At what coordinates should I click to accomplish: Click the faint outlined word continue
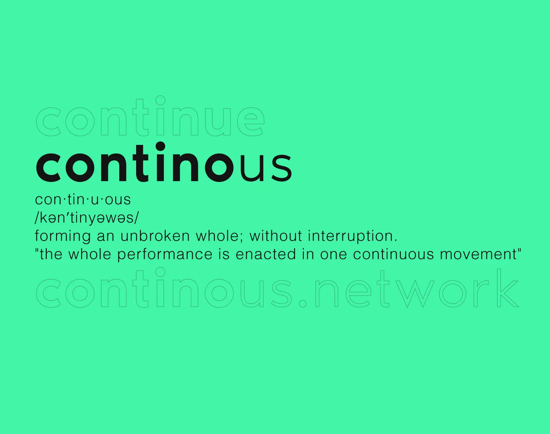click(x=150, y=116)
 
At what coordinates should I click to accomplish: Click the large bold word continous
click(x=164, y=162)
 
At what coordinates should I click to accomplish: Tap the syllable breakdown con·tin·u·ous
click(x=83, y=199)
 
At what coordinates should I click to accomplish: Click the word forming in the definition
click(x=63, y=236)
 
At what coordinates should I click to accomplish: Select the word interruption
click(x=353, y=236)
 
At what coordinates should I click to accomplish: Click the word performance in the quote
click(x=165, y=254)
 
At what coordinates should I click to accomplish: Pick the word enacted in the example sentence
click(x=266, y=254)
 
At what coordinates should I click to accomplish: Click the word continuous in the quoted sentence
click(x=394, y=254)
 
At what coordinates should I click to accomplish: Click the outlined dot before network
click(x=303, y=303)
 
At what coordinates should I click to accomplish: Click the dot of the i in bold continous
click(x=160, y=147)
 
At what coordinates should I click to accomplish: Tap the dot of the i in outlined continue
click(x=160, y=100)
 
